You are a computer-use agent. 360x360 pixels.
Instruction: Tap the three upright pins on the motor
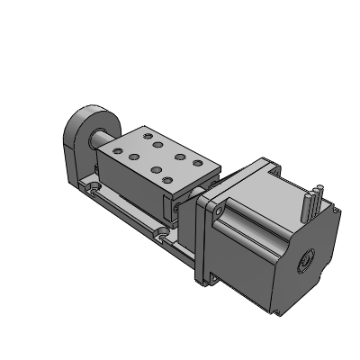tap(314, 197)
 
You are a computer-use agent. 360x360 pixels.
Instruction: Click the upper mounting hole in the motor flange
tap(215, 206)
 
